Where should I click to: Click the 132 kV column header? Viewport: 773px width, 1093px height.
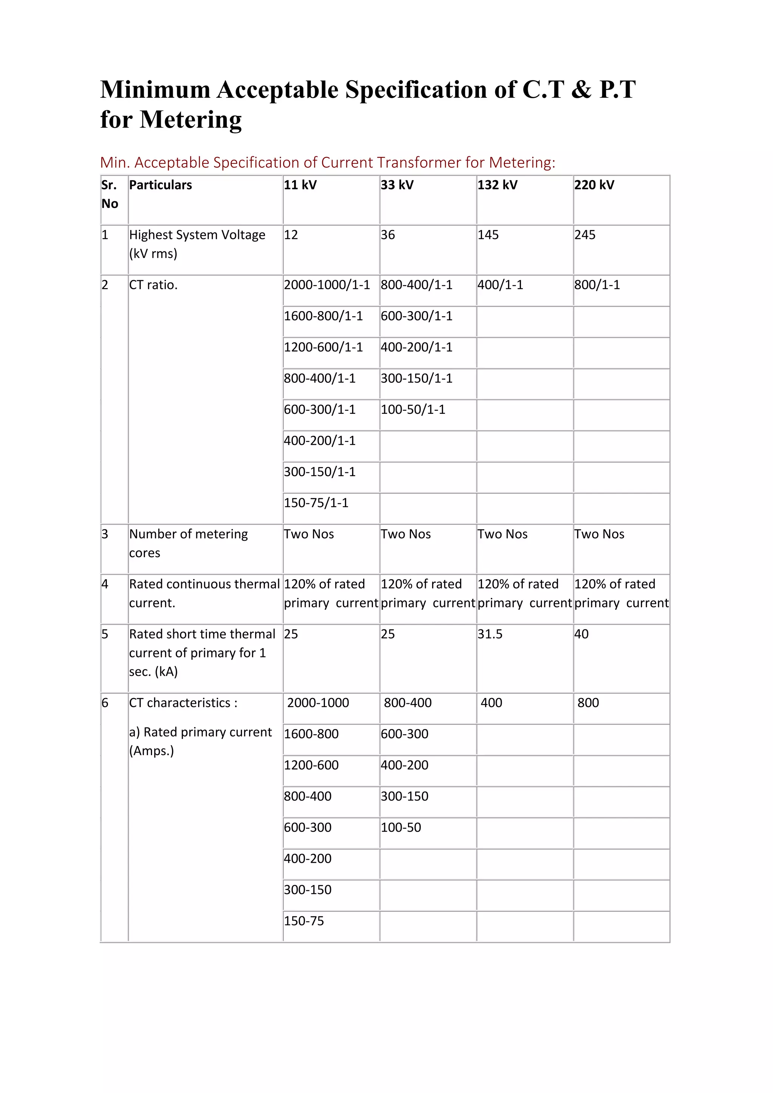point(497,185)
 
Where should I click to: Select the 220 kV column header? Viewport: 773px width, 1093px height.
point(594,185)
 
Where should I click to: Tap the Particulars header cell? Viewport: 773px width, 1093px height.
point(160,185)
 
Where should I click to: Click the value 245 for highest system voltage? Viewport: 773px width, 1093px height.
point(585,235)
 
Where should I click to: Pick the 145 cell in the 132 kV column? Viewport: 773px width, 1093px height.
point(488,235)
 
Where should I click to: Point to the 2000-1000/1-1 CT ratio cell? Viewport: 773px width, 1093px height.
point(326,285)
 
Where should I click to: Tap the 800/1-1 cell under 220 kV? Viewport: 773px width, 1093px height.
point(597,285)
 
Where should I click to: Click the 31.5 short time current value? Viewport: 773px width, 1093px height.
point(490,634)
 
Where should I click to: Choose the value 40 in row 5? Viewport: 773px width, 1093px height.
point(581,634)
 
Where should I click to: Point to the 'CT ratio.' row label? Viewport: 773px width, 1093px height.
point(153,285)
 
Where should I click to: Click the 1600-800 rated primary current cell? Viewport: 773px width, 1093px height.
point(311,734)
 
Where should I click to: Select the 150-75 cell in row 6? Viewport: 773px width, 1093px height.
point(304,921)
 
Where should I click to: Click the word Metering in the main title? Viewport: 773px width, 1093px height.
point(190,119)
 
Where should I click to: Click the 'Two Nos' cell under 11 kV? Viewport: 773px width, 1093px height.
point(309,534)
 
